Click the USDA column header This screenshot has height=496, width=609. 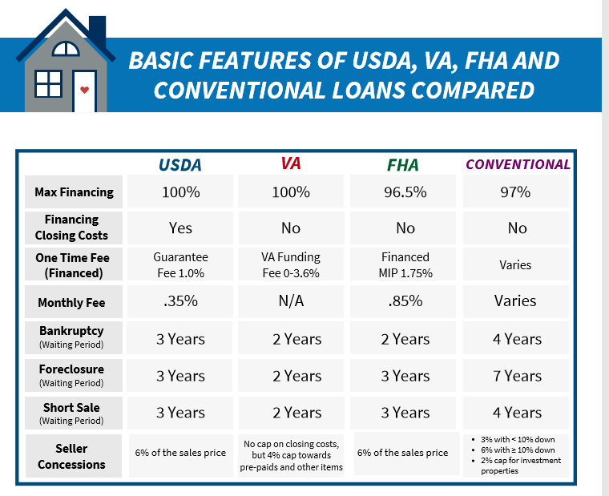(x=179, y=165)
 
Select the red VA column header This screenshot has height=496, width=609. (x=291, y=163)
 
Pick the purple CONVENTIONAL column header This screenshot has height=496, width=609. (x=518, y=164)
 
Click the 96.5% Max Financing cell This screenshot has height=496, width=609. (x=405, y=192)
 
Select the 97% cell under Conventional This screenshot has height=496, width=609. (x=517, y=192)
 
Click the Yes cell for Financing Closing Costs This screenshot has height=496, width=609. (x=180, y=228)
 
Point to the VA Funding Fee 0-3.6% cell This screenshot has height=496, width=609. (x=291, y=264)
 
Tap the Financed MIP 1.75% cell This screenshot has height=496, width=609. (x=405, y=264)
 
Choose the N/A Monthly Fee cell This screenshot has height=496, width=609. (x=291, y=301)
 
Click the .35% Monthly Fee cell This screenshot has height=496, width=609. (x=180, y=301)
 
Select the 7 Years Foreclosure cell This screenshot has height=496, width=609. (x=517, y=376)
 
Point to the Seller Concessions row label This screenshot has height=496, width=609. (x=71, y=457)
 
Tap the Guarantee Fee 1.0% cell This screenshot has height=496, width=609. (x=180, y=264)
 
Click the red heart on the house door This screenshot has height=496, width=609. (x=84, y=90)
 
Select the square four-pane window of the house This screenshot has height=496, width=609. (x=49, y=83)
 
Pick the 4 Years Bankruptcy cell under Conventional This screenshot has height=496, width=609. (x=517, y=339)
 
